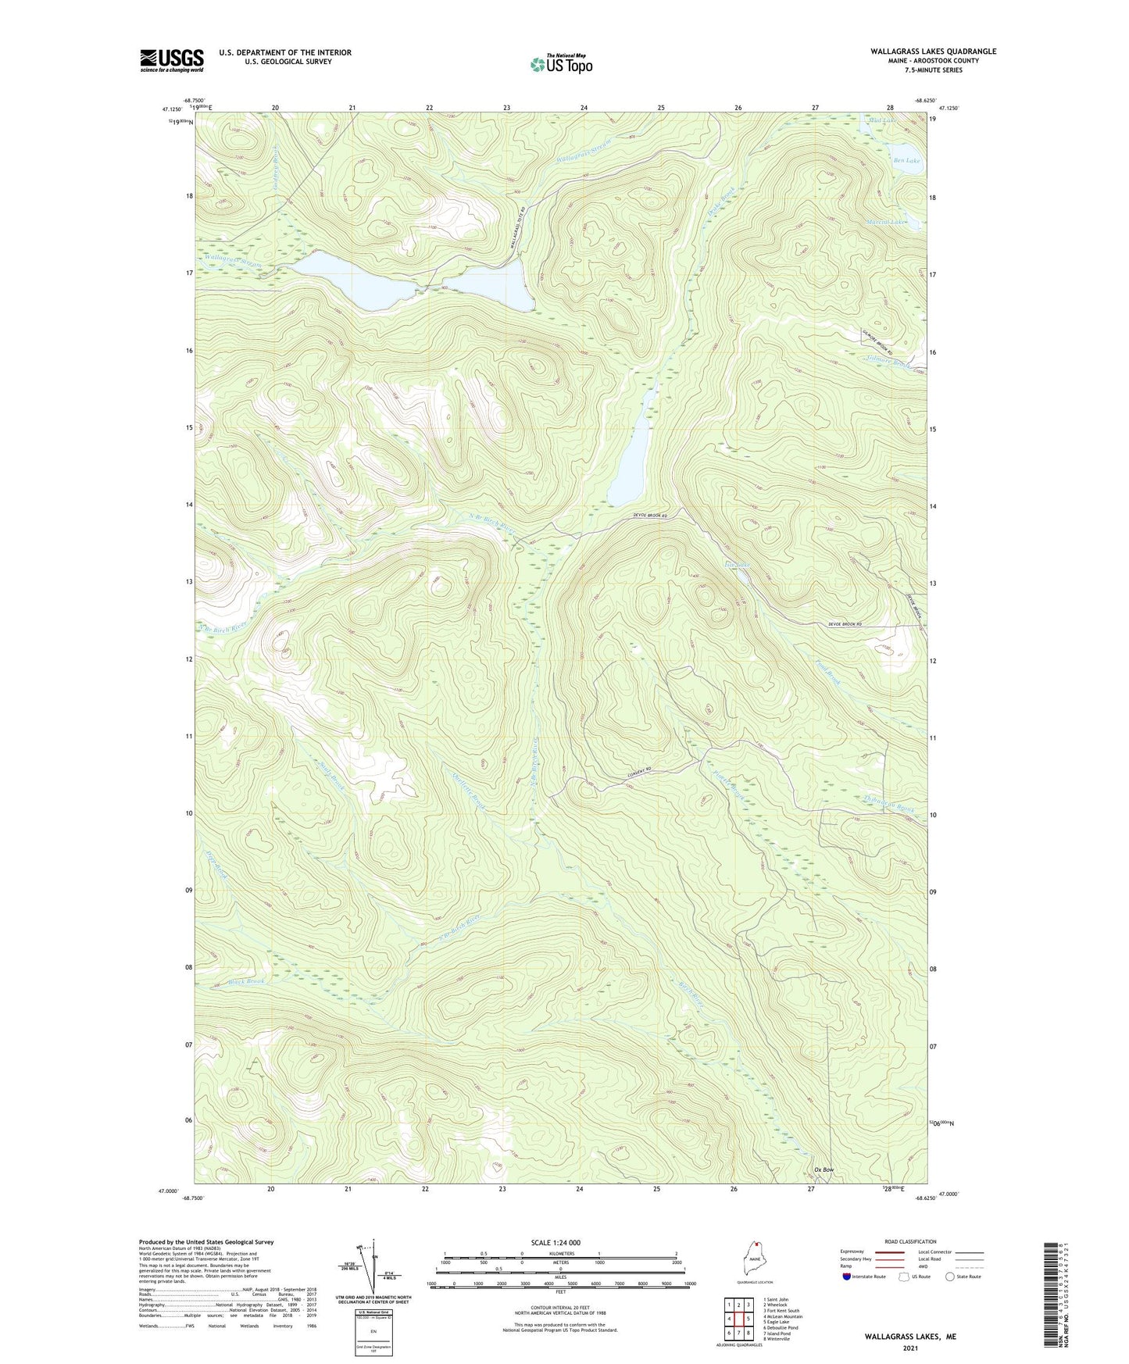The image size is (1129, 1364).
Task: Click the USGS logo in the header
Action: coord(172,60)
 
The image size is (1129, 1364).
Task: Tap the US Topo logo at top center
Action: coord(561,64)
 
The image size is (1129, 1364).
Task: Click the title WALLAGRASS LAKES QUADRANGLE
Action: coord(933,52)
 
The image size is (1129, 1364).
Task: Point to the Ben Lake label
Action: coord(906,160)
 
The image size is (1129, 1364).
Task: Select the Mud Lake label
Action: coord(883,121)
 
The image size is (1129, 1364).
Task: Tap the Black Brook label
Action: coord(247,982)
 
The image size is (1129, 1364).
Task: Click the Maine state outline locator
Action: coord(753,1266)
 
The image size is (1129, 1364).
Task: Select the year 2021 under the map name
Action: coord(909,1348)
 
